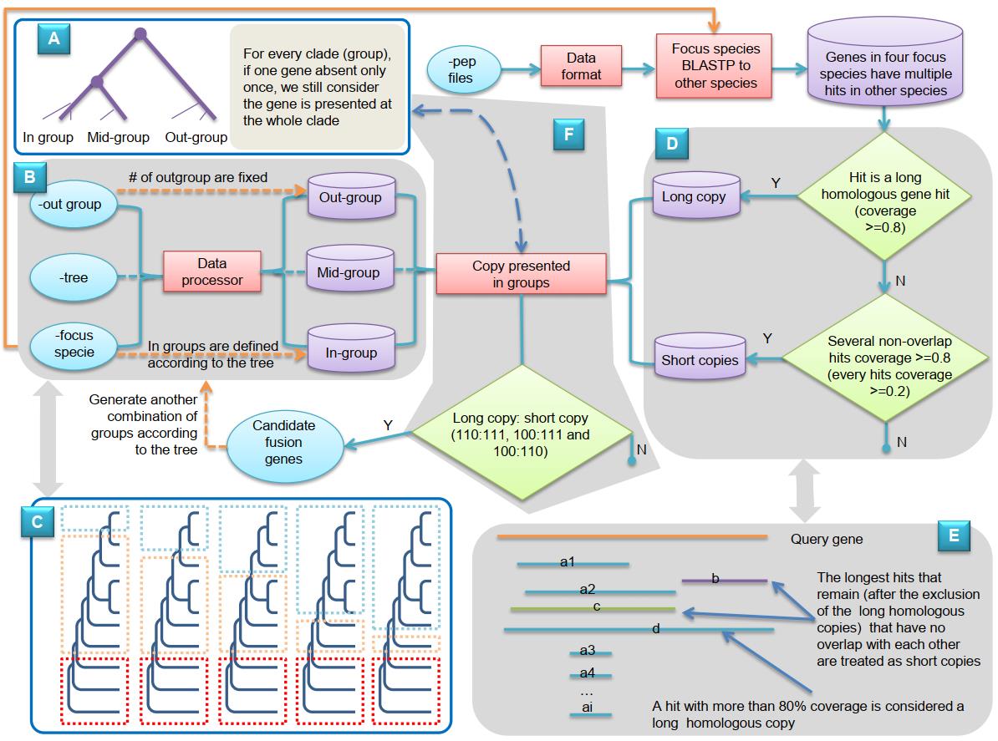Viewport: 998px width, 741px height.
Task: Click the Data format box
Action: point(582,65)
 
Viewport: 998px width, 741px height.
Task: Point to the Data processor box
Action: point(212,272)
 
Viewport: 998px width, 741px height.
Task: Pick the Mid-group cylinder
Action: point(350,272)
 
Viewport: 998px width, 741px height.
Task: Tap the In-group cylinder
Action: point(350,351)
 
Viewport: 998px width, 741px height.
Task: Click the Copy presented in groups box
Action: point(522,275)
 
